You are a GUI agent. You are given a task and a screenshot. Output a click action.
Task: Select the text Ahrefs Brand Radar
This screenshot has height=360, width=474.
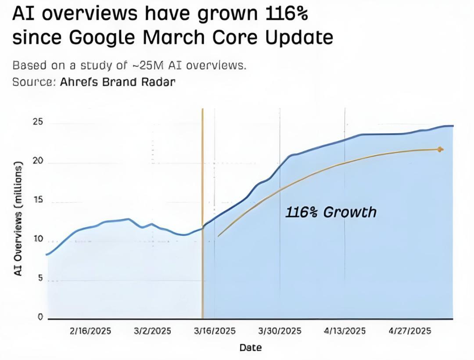(x=118, y=82)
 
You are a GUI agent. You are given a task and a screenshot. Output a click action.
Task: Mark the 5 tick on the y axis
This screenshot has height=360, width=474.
(x=40, y=278)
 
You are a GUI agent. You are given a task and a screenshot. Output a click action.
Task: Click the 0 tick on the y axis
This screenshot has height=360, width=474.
(x=40, y=317)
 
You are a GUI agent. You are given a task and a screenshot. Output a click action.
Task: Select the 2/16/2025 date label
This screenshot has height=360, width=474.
(x=90, y=331)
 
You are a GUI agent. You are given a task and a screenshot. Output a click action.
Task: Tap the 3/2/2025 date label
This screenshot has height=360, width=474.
(x=152, y=331)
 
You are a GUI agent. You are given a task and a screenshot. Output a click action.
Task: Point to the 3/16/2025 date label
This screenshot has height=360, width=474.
(x=215, y=331)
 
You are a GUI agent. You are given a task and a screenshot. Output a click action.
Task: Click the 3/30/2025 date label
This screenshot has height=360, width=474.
(x=280, y=331)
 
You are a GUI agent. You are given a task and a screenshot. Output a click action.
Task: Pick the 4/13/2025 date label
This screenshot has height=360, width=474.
(x=345, y=331)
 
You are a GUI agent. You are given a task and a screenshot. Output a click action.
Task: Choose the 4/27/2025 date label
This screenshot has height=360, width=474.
(x=410, y=331)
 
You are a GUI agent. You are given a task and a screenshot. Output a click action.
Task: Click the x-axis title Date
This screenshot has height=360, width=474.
(x=251, y=348)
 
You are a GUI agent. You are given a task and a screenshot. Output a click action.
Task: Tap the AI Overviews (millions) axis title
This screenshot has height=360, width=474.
(x=18, y=218)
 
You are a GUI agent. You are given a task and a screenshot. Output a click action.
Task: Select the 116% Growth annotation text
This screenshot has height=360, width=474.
(x=331, y=212)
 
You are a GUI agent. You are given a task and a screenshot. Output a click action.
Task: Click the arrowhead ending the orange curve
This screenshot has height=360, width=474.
(x=441, y=150)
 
